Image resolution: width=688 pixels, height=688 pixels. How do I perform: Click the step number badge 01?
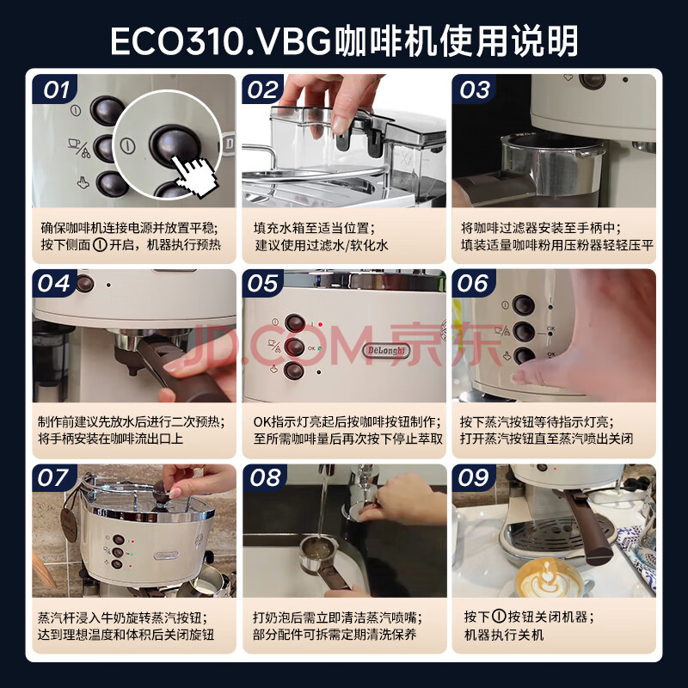pyautogui.click(x=54, y=89)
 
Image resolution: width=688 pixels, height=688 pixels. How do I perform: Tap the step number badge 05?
pyautogui.click(x=262, y=284)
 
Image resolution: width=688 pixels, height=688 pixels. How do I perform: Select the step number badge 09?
pyautogui.click(x=473, y=478)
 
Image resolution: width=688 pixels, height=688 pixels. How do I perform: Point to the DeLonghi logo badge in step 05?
pyautogui.click(x=386, y=350)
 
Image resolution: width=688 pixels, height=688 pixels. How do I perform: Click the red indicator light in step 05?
pyautogui.click(x=320, y=325)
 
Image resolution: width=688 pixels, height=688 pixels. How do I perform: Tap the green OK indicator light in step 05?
pyautogui.click(x=319, y=348)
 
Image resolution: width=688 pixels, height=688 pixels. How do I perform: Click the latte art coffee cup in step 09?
pyautogui.click(x=549, y=577)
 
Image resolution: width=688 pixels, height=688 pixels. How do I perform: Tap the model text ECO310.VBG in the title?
pyautogui.click(x=220, y=41)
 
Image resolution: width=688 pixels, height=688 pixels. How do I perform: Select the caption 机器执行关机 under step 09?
pyautogui.click(x=504, y=635)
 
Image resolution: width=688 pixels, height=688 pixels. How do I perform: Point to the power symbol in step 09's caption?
pyautogui.click(x=499, y=617)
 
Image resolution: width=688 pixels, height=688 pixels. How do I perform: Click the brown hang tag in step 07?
pyautogui.click(x=69, y=525)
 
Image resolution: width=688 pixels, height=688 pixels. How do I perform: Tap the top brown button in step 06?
pyautogui.click(x=524, y=304)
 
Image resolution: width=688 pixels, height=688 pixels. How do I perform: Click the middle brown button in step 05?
pyautogui.click(x=294, y=347)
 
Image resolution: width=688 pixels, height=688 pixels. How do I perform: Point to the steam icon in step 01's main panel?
pyautogui.click(x=83, y=182)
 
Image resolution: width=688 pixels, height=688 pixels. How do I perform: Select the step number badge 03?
pyautogui.click(x=475, y=89)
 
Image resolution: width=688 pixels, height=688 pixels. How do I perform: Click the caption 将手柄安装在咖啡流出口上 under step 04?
pyautogui.click(x=111, y=439)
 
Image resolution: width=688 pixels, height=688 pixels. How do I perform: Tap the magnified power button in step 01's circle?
pyautogui.click(x=175, y=145)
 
